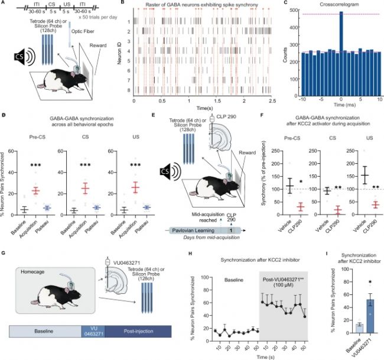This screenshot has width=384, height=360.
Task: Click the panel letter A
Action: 4,5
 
